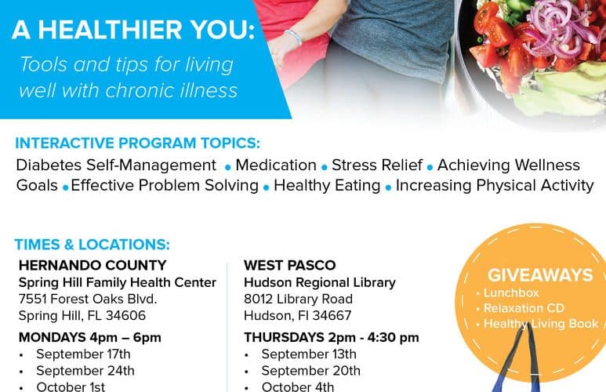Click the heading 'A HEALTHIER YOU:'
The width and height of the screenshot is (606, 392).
134,30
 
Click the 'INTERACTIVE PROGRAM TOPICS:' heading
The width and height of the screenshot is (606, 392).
138,143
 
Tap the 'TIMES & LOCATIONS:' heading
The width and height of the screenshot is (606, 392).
93,245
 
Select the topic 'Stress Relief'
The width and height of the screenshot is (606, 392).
377,165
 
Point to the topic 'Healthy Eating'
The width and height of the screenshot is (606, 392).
327,186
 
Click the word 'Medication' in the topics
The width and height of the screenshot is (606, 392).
276,165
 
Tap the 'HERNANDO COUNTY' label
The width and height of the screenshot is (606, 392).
93,265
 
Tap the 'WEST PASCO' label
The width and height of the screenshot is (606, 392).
290,265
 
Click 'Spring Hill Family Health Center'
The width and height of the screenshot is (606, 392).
117,282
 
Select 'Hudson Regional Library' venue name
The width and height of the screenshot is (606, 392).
320,282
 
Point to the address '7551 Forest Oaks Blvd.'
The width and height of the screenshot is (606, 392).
88,299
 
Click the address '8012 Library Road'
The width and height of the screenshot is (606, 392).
299,299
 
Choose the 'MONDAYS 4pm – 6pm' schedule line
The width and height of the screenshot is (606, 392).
89,337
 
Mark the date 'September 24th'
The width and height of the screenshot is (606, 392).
85,371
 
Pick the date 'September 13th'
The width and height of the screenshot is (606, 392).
309,354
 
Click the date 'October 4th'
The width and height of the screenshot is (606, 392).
298,387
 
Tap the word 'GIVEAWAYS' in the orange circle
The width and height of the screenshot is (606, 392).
540,275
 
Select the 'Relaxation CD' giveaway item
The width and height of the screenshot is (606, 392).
524,308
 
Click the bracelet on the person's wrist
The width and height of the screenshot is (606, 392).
293,38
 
